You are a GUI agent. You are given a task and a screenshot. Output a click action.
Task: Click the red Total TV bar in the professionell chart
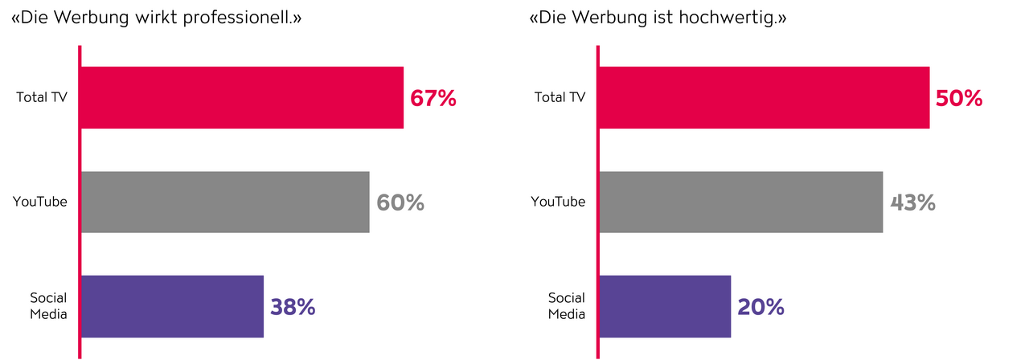(241, 97)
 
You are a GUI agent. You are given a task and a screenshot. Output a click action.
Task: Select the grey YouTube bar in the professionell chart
(225, 202)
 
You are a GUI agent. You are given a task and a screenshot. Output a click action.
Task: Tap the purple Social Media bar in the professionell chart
(172, 306)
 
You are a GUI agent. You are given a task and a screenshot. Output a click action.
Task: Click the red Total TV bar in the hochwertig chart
(764, 97)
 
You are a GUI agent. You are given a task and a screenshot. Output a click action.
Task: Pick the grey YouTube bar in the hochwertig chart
(740, 202)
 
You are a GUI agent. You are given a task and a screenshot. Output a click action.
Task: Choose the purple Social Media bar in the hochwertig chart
(665, 306)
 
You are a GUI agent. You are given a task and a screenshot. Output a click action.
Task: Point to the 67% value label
(433, 98)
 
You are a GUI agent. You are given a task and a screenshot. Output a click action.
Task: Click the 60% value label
(400, 202)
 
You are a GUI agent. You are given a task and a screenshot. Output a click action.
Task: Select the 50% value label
(960, 98)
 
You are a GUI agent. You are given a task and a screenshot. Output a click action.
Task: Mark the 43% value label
(913, 202)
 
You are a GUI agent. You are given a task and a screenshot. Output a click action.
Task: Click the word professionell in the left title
(240, 17)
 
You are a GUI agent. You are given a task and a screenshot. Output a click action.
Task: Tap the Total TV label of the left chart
(42, 97)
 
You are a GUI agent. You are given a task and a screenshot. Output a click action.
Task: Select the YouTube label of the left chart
(40, 202)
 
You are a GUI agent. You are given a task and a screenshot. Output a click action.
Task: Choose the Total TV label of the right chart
(560, 97)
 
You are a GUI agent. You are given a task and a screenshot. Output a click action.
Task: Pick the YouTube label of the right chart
(559, 202)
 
